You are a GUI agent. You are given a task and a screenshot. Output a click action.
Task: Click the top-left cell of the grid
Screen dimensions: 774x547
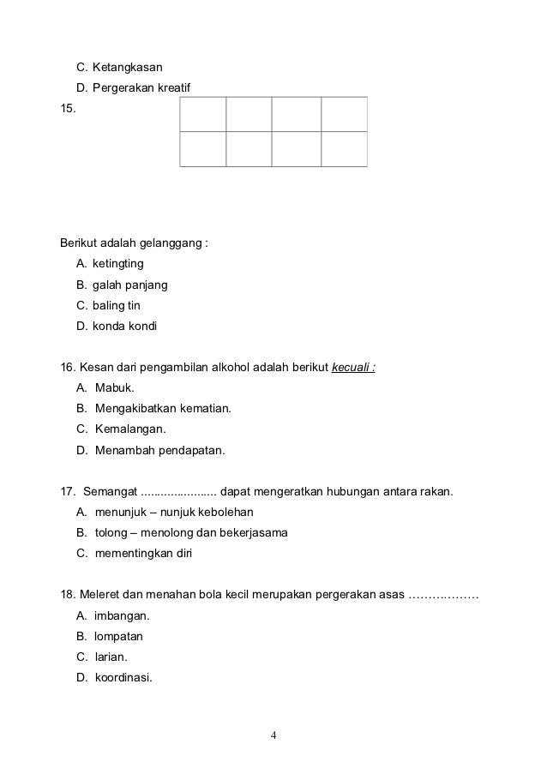(x=203, y=114)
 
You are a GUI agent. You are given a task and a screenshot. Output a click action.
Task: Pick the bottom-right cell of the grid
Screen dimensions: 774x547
(x=344, y=148)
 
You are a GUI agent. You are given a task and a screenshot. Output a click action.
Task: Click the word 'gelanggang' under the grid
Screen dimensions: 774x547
(x=175, y=241)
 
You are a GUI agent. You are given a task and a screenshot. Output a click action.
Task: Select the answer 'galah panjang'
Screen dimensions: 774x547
(x=129, y=284)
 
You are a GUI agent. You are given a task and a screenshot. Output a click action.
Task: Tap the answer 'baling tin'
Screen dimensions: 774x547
(x=120, y=305)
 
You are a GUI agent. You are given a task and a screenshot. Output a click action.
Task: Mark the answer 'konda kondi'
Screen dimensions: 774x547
(x=124, y=327)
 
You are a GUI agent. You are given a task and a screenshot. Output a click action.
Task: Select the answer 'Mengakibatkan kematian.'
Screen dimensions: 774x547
(x=163, y=409)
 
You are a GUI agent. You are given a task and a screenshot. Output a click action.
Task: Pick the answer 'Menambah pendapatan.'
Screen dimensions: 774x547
(x=159, y=449)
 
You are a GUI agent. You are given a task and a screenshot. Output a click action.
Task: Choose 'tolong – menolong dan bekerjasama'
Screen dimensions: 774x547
(x=191, y=532)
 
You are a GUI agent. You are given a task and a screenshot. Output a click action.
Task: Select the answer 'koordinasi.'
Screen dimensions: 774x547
(x=123, y=677)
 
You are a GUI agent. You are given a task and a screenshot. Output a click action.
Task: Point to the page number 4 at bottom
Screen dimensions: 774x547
(x=273, y=735)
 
